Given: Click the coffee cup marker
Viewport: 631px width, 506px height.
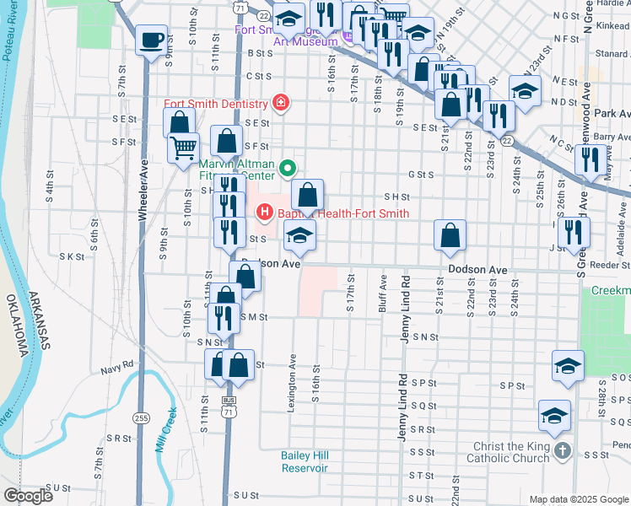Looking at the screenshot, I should (151, 40).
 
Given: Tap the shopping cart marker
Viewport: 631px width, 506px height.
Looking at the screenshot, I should (183, 149).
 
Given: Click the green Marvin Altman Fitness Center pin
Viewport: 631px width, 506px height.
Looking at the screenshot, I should (288, 168).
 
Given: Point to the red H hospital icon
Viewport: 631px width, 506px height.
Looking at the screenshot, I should (265, 213).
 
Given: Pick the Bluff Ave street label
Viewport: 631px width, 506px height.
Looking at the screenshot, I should (384, 291).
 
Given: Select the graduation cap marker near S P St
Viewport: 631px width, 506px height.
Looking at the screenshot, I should (568, 367).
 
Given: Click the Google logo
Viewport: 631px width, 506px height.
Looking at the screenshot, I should (27, 496).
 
